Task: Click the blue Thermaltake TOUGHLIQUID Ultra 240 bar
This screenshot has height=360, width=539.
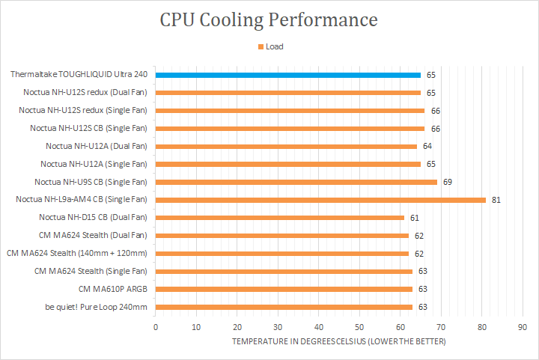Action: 288,75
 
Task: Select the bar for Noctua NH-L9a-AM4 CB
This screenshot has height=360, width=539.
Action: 320,200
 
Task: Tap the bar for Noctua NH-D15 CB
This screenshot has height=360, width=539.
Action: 280,218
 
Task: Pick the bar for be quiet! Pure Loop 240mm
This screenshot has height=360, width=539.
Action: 284,307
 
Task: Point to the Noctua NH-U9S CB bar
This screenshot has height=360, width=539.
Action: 296,182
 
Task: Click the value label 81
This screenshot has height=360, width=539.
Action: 496,200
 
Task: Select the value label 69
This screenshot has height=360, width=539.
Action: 447,182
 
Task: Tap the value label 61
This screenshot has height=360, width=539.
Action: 414,218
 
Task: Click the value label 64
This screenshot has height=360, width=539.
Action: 427,146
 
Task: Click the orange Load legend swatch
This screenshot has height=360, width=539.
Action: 261,46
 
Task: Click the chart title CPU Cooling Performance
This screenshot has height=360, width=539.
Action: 269,19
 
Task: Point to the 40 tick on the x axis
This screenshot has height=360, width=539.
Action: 318,327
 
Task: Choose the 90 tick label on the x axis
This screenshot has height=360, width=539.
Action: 523,327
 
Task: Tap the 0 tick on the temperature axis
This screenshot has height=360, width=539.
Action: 155,327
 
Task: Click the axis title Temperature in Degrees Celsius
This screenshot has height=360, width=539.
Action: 338,342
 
